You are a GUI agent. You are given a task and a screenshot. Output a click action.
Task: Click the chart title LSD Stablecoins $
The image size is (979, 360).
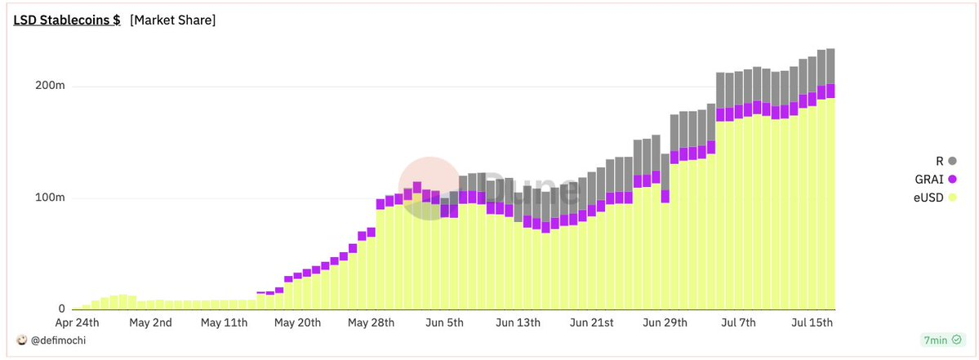(67, 20)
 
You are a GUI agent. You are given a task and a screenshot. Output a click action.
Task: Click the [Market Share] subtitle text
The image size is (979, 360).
(172, 20)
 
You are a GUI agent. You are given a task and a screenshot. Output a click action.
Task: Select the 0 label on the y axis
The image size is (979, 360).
(61, 309)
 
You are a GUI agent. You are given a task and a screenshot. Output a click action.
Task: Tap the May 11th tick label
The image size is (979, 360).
(225, 323)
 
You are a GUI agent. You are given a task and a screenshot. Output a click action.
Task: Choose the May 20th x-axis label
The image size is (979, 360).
(298, 323)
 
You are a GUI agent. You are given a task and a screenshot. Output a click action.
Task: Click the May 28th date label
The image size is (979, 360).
(371, 323)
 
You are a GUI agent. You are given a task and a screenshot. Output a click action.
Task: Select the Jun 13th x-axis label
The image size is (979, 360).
(519, 323)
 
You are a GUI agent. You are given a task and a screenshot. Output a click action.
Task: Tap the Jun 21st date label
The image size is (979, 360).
(591, 323)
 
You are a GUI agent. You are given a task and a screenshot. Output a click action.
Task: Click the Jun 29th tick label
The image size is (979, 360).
(665, 323)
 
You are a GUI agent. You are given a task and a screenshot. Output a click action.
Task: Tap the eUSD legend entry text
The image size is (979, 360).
(928, 198)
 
